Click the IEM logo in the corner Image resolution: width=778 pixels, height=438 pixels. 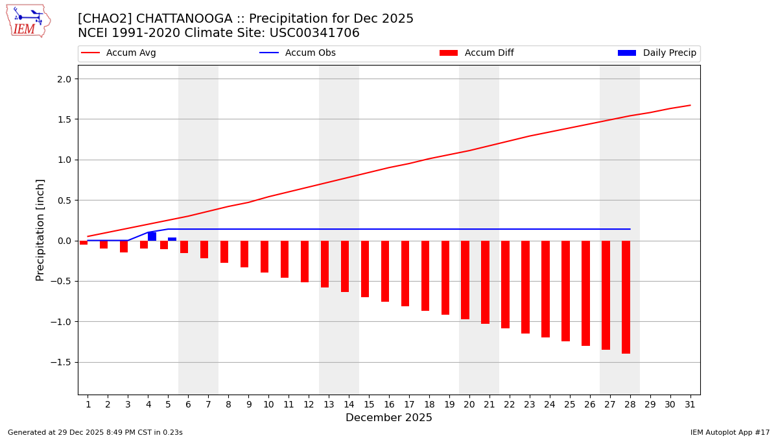point(28,21)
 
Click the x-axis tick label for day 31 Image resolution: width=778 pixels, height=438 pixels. point(690,404)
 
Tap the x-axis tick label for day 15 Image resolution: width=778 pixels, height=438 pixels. point(369,404)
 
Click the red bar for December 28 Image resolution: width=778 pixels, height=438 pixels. point(626,297)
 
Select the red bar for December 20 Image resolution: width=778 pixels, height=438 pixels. point(465,280)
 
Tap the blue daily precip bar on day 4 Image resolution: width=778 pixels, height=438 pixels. point(152,236)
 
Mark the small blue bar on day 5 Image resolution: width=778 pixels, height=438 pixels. point(172,239)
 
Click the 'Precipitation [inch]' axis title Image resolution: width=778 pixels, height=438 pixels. point(40,230)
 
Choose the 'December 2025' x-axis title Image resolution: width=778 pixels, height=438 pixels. point(388,418)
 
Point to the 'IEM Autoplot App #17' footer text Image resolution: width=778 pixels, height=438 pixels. point(729,432)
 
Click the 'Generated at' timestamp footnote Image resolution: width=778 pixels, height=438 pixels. point(95,432)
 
